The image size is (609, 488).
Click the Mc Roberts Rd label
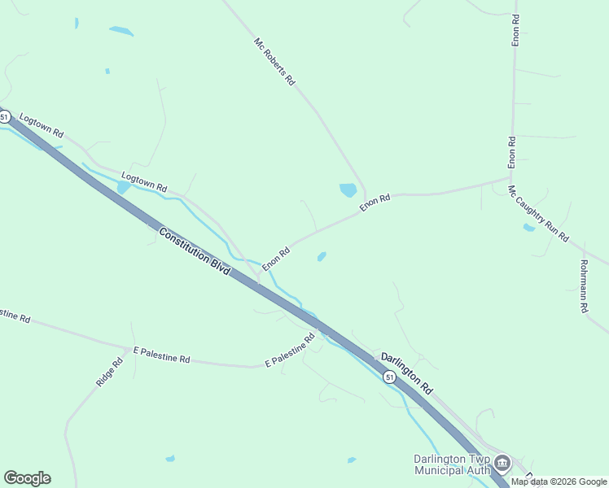coord(274,62)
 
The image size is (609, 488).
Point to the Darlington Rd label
coord(406,373)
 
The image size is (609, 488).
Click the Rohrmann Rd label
coord(584,286)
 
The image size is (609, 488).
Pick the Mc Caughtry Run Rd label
coord(538,213)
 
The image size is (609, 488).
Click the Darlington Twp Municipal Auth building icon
coord(502,464)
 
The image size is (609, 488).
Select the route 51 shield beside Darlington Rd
coord(389,377)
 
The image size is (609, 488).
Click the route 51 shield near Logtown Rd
coord(5,117)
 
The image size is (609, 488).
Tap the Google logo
coord(27,478)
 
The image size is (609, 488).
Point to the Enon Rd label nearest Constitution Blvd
coord(276,259)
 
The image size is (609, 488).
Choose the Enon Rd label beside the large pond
coord(375,203)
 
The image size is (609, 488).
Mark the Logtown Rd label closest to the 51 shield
coord(41,124)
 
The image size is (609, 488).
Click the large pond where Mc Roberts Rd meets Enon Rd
coord(348,190)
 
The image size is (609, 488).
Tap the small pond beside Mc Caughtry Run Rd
coord(529,228)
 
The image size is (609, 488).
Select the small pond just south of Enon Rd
coord(322,257)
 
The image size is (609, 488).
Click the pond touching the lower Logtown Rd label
coord(123,188)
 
